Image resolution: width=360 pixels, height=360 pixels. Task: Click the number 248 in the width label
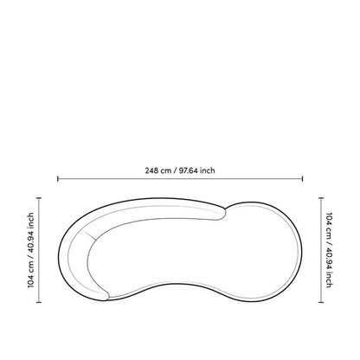[151, 170]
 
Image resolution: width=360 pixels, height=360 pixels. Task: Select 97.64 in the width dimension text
[188, 170]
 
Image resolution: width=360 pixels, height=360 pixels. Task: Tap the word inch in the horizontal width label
[208, 170]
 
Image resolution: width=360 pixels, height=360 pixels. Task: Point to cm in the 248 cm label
[166, 170]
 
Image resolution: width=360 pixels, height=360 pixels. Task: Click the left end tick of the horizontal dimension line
[58, 179]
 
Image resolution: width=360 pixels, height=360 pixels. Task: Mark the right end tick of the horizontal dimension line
[302, 179]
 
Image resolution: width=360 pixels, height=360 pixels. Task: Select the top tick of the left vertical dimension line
[39, 198]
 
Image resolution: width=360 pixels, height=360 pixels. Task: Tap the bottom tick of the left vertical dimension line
[39, 302]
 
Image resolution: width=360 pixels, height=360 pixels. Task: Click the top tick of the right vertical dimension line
[321, 198]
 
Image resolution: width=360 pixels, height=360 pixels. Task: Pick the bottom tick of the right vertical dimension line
[321, 302]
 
